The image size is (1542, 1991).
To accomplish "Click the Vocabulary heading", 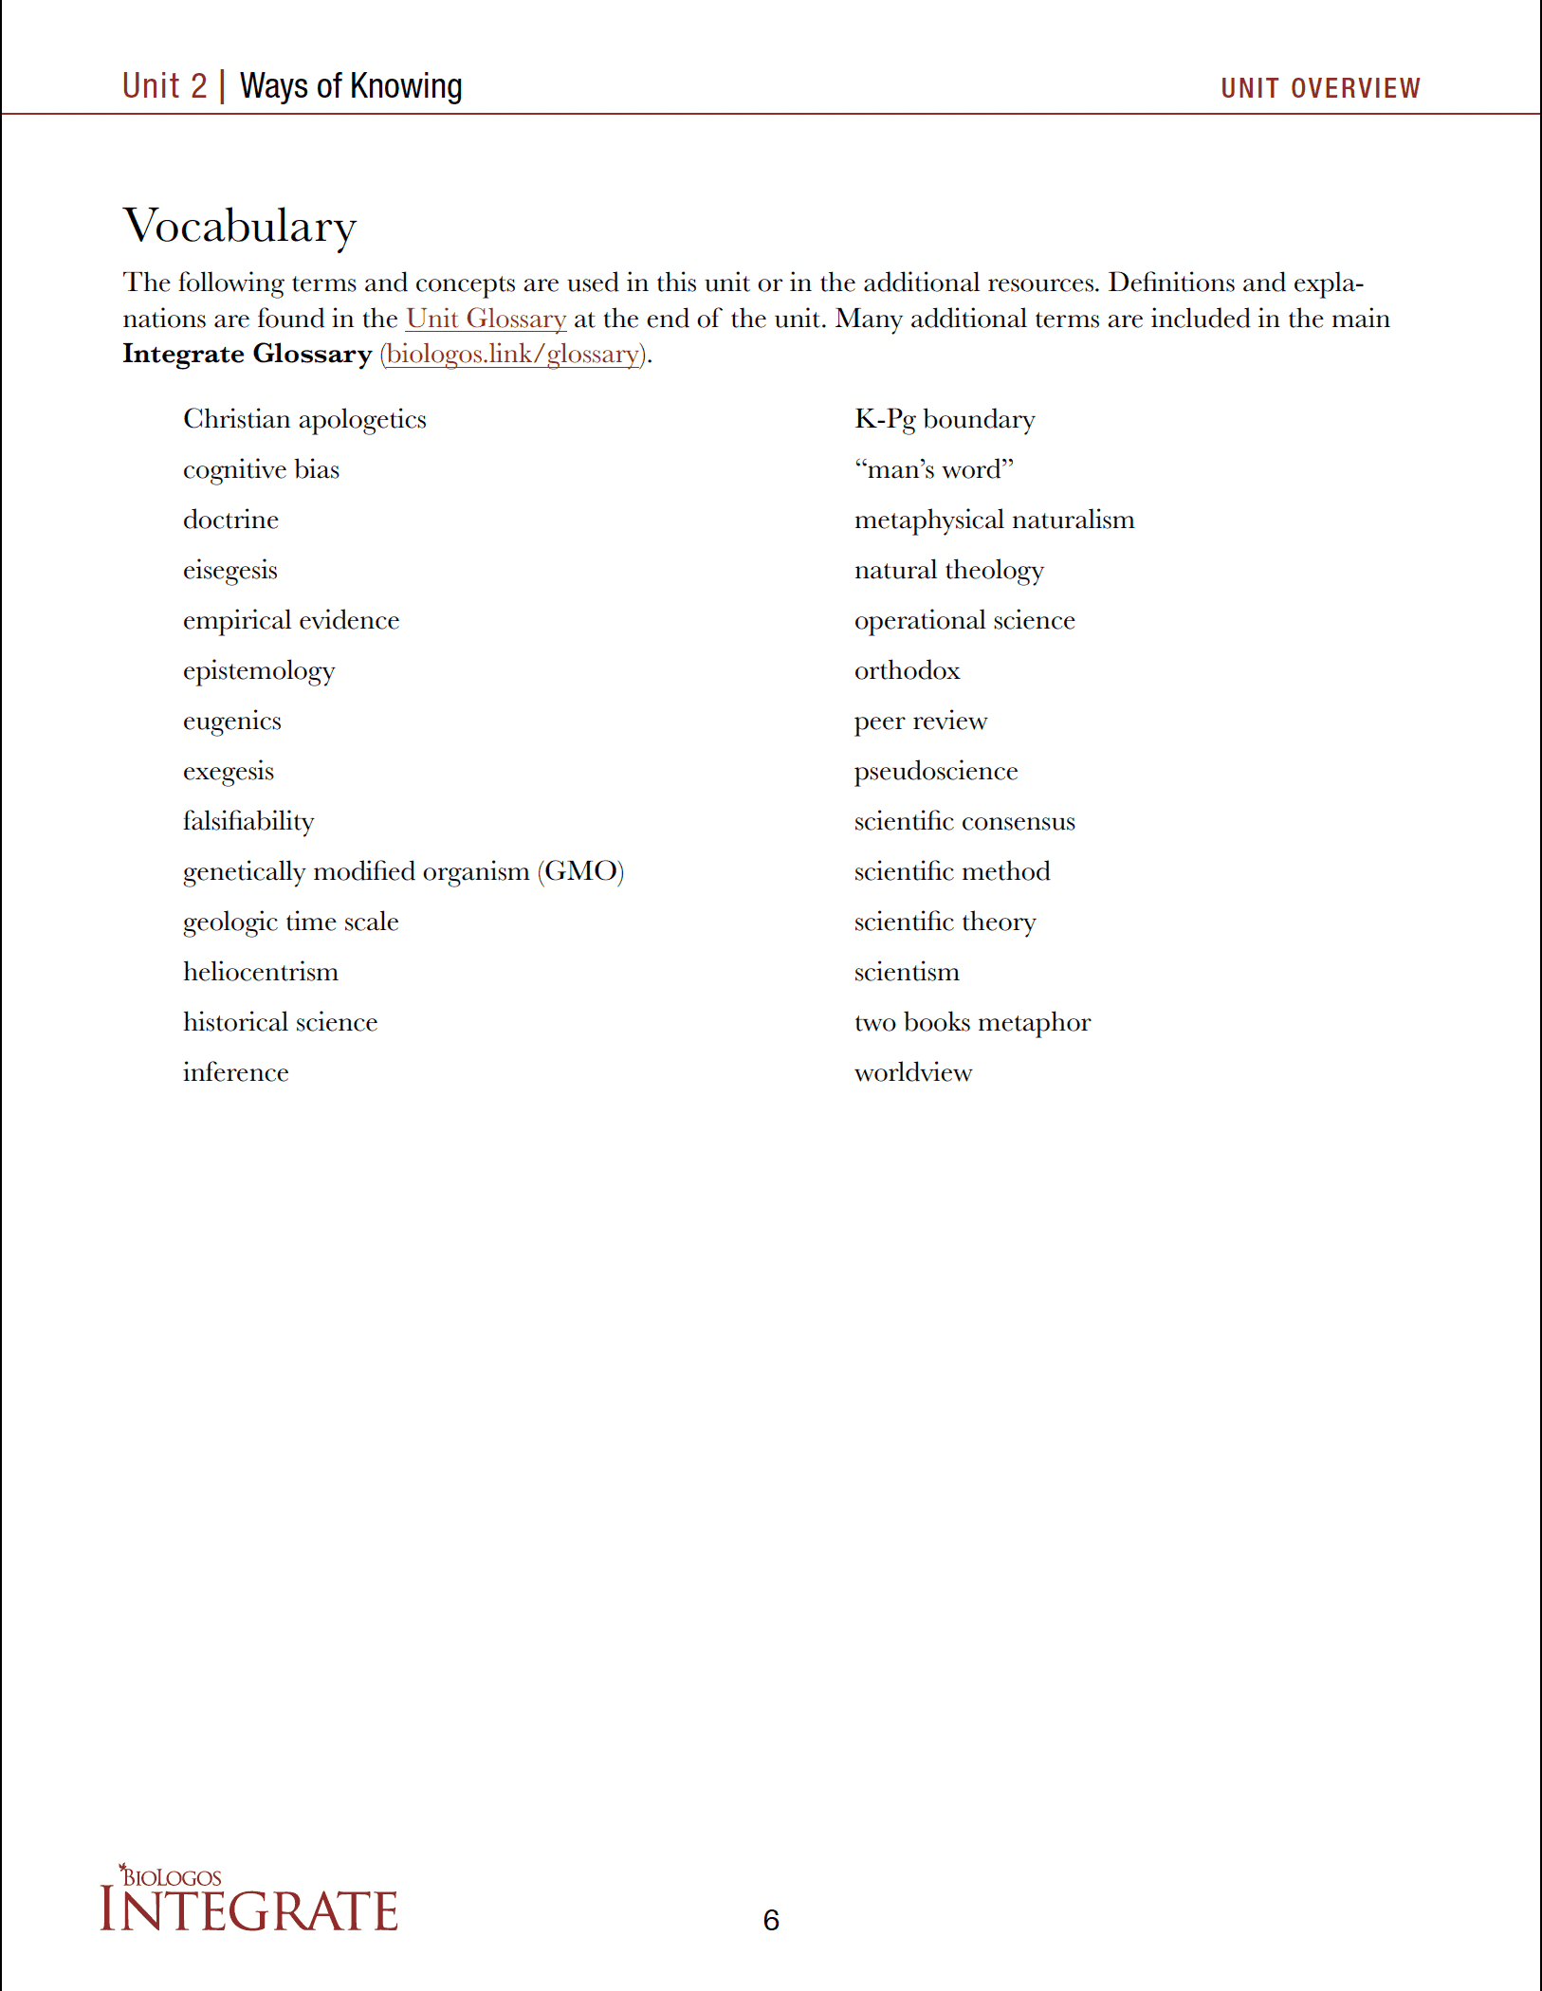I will click(x=240, y=227).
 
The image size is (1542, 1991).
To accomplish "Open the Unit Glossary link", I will click(x=486, y=319).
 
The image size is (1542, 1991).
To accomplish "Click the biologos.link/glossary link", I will click(x=513, y=355).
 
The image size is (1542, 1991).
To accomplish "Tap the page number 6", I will click(x=771, y=1920).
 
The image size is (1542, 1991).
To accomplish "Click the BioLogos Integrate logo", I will click(x=248, y=1899).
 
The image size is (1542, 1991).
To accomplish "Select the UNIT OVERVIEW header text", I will click(x=1320, y=88).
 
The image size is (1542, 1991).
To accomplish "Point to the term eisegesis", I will click(x=230, y=571).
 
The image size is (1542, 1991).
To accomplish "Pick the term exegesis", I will click(x=229, y=772).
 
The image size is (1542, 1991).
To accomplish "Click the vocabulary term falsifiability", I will click(x=248, y=822).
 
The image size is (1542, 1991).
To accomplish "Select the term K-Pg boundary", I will click(x=945, y=420).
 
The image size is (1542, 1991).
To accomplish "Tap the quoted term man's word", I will click(x=934, y=470).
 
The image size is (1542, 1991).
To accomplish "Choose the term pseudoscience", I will click(x=936, y=772).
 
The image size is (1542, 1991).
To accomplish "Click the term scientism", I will click(x=907, y=973).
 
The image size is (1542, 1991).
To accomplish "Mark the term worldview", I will click(x=913, y=1073).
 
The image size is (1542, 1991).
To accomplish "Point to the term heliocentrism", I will click(x=261, y=973).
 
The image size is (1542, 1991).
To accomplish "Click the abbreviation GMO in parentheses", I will click(x=581, y=872).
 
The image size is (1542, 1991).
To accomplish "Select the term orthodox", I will click(x=908, y=671).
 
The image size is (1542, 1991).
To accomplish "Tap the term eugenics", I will click(x=232, y=722).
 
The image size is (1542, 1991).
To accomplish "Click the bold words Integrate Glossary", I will click(x=248, y=355).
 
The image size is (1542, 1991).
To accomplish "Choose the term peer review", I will click(x=921, y=722).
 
